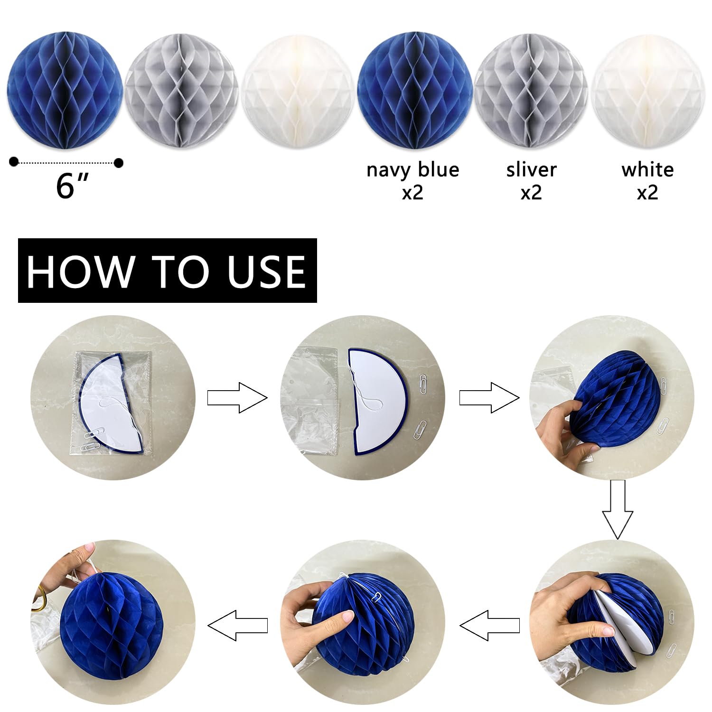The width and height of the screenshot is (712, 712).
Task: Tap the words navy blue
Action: click(x=412, y=169)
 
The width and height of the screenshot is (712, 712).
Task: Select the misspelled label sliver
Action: click(x=531, y=169)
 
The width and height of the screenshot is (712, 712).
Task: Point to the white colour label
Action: click(x=647, y=169)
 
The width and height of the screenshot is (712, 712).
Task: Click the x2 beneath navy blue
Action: click(x=412, y=192)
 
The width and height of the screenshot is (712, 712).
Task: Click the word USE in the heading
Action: click(x=266, y=272)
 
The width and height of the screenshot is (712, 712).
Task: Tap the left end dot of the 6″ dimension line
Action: click(x=14, y=162)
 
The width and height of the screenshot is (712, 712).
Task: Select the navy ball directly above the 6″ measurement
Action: click(x=66, y=90)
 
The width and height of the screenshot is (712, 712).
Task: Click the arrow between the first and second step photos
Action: click(x=237, y=397)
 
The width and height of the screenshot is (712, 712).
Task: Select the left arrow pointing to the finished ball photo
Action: click(x=237, y=625)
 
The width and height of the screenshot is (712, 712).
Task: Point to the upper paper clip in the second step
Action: click(x=423, y=383)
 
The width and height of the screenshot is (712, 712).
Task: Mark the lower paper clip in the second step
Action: click(x=420, y=429)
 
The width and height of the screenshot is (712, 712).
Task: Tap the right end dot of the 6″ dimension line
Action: click(x=119, y=163)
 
